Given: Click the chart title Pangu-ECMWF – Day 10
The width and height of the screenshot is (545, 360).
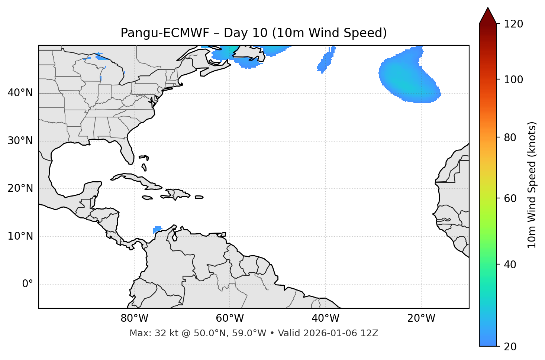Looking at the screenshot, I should (254, 33).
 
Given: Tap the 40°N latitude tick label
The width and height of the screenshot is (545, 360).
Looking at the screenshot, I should (20, 93).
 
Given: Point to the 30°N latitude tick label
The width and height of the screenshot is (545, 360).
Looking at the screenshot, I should (20, 141).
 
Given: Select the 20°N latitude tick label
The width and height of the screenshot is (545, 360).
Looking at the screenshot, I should (20, 188).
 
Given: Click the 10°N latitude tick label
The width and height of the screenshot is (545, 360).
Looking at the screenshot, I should (20, 236).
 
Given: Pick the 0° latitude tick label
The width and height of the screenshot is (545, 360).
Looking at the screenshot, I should (28, 284).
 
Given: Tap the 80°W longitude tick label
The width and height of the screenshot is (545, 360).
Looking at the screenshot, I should (134, 318).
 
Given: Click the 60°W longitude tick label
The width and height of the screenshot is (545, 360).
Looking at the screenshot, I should (230, 318).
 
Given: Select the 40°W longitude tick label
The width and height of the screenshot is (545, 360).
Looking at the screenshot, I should (325, 318).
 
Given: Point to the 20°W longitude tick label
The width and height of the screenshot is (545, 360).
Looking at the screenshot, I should (421, 318).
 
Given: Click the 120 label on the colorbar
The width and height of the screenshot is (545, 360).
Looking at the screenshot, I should (513, 24).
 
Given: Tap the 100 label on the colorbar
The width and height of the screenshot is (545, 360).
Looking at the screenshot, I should (513, 80).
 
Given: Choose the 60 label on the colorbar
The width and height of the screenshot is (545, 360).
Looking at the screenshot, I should (511, 198).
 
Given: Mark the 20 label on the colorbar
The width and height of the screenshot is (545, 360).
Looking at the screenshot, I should (511, 347).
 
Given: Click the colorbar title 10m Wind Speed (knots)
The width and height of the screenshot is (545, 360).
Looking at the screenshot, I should (532, 185).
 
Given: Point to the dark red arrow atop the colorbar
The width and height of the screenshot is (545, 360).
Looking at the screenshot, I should (488, 16).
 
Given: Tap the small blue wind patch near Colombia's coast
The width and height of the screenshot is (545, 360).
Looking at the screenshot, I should (157, 229).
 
